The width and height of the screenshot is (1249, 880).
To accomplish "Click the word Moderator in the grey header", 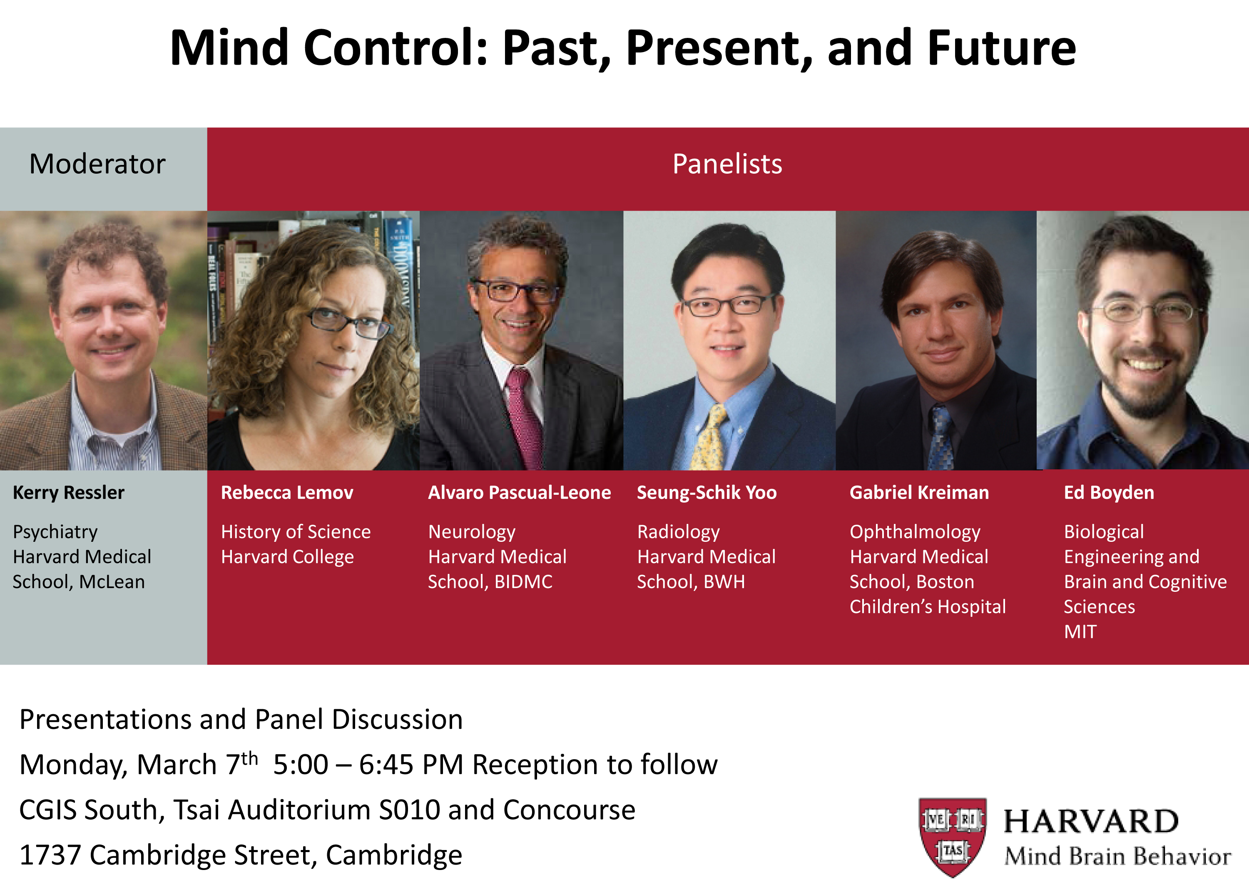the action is pos(97,164).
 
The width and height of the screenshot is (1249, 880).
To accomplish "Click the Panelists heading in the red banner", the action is pos(727,164).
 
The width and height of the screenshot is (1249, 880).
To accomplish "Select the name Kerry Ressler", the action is pos(69,493).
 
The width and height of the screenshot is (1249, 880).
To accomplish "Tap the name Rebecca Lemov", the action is pos(287,493).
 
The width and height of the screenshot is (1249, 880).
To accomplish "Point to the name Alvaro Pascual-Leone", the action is pos(520,493).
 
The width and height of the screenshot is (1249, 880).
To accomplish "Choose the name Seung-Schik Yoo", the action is pos(707,493).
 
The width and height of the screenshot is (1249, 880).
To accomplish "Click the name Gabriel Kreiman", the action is pos(919,493).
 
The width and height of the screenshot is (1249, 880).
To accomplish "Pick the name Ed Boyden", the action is pos(1109,493).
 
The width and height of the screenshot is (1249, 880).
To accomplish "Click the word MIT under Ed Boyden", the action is pos(1080,632).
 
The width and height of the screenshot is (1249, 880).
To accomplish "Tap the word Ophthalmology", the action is pos(915,532).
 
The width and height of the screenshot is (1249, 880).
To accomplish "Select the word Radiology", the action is pos(678,532).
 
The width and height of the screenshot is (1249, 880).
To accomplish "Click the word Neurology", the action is pos(472,532).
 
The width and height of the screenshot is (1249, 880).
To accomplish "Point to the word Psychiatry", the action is pos(55,532).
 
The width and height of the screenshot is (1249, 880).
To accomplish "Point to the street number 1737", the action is pos(50,855).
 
